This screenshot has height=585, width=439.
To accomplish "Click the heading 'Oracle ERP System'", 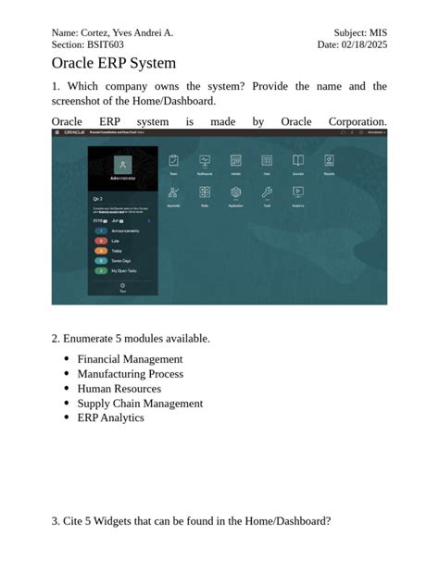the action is [x=113, y=64].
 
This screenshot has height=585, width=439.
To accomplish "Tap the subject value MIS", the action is [x=378, y=32].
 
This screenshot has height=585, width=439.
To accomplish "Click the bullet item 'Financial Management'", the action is [x=130, y=359].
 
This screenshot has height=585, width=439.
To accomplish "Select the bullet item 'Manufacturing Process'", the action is [x=130, y=374].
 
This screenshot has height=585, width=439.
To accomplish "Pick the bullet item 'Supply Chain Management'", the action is [x=140, y=404].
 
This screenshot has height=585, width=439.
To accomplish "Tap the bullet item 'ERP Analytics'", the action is [x=110, y=417].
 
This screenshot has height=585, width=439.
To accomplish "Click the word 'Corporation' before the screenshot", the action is [x=357, y=122].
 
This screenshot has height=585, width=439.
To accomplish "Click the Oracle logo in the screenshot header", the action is [x=75, y=133].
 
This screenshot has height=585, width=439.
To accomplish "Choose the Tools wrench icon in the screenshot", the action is [x=267, y=193].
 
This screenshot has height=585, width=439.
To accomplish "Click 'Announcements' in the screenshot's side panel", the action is [x=125, y=230].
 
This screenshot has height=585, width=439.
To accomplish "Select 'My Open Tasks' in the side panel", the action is [x=125, y=271].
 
